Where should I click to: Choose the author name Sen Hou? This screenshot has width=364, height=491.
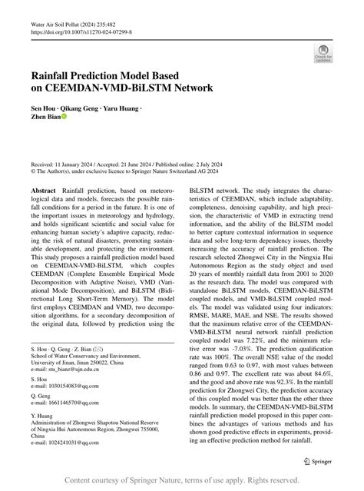(x=43, y=111)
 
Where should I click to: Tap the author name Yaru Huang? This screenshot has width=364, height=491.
(x=124, y=111)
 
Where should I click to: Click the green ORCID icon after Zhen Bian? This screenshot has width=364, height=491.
(x=64, y=120)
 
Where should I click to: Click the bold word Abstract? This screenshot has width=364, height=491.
(x=43, y=189)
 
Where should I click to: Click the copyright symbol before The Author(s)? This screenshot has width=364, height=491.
(x=33, y=173)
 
